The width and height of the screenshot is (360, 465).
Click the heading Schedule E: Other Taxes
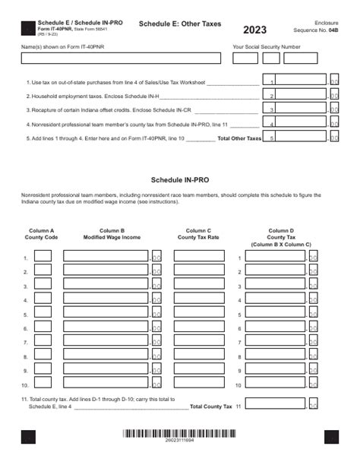pyautogui.click(x=180, y=24)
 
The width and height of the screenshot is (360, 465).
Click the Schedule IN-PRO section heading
pyautogui.click(x=180, y=182)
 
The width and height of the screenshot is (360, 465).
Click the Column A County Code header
pyautogui.click(x=42, y=233)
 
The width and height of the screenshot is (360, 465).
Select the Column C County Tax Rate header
pyautogui.click(x=198, y=233)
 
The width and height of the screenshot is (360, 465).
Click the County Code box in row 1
pyautogui.click(x=43, y=258)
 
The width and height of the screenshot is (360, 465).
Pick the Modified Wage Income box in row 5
pyautogui.click(x=106, y=314)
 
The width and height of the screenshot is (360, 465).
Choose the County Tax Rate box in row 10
pyautogui.click(x=199, y=384)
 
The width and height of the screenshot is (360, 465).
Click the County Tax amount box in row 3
pyautogui.click(x=274, y=286)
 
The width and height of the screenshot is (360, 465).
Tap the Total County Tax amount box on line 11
pyautogui.click(x=274, y=404)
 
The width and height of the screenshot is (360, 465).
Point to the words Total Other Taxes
pyautogui.click(x=238, y=139)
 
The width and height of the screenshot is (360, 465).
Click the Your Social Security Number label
pyautogui.click(x=266, y=46)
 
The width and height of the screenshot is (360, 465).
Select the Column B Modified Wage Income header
pyautogui.click(x=112, y=233)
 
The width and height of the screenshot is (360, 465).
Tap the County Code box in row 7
pyautogui.click(x=43, y=342)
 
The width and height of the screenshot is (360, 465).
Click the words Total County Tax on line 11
pyautogui.click(x=211, y=406)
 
